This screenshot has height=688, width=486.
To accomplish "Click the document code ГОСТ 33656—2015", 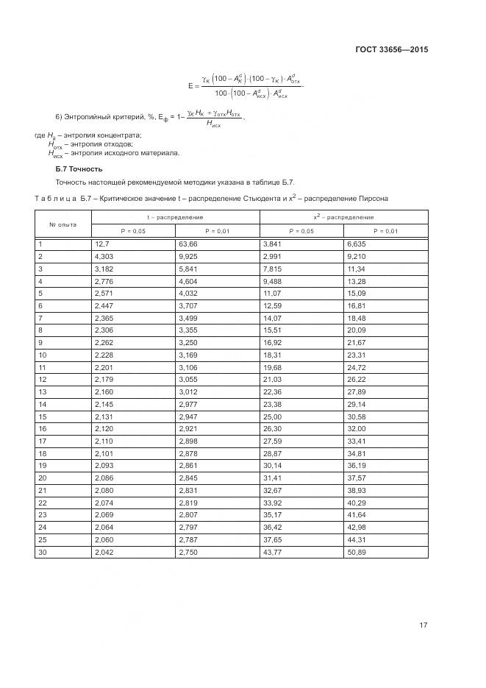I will pyautogui.click(x=386, y=49).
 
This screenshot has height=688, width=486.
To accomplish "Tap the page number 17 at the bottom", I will pyautogui.click(x=423, y=625).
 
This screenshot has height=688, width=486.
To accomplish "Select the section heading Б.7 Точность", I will pyautogui.click(x=74, y=169).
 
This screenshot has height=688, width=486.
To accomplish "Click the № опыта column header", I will pyautogui.click(x=62, y=224).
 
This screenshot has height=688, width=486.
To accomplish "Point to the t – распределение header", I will pyautogui.click(x=175, y=217).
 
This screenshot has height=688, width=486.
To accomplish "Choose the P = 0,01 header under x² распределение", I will pyautogui.click(x=385, y=230).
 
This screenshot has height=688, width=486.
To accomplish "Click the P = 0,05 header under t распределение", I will pyautogui.click(x=133, y=230).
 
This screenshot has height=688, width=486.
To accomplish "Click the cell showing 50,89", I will pyautogui.click(x=357, y=551).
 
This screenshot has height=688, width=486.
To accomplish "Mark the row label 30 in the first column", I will pyautogui.click(x=42, y=551).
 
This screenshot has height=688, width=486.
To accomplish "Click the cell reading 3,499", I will pyautogui.click(x=188, y=317).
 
